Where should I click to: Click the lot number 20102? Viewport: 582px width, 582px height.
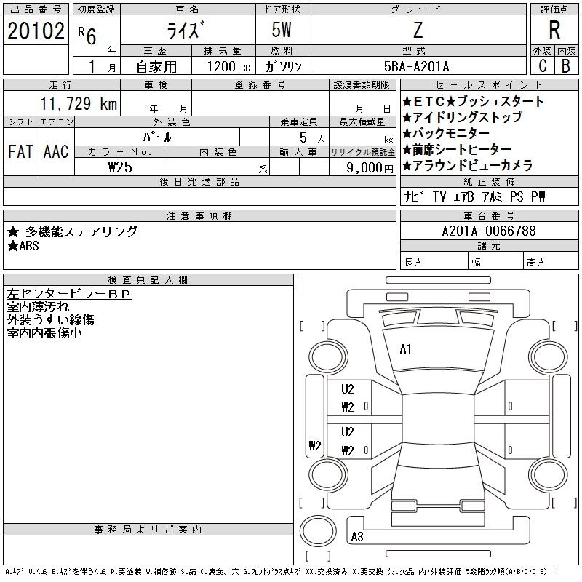(x=36, y=31)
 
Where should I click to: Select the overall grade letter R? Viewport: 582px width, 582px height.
(x=554, y=30)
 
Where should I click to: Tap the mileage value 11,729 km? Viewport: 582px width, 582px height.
(x=79, y=103)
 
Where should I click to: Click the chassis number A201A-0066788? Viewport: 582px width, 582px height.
(x=489, y=231)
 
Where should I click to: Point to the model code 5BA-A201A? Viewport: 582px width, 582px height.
(x=416, y=66)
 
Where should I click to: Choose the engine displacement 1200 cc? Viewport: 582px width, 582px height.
(x=228, y=66)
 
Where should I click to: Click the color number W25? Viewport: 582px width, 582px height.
(x=120, y=167)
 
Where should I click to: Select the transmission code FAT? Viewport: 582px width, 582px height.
(x=20, y=151)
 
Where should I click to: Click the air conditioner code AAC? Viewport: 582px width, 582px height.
(x=56, y=151)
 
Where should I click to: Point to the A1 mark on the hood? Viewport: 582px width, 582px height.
(x=405, y=349)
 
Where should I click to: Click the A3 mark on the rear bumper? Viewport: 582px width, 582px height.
(x=357, y=536)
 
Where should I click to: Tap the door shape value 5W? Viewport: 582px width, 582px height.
(x=282, y=30)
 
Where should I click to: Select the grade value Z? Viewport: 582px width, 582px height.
(x=418, y=30)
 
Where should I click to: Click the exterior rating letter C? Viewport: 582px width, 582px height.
(x=542, y=65)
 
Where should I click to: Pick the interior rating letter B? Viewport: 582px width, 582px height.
(x=566, y=65)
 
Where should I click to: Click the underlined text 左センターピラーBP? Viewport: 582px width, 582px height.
(x=69, y=294)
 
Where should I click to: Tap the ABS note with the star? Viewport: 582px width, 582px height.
(x=23, y=246)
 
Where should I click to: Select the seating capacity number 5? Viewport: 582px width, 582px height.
(x=303, y=137)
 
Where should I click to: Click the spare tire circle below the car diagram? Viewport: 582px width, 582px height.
(x=318, y=531)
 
